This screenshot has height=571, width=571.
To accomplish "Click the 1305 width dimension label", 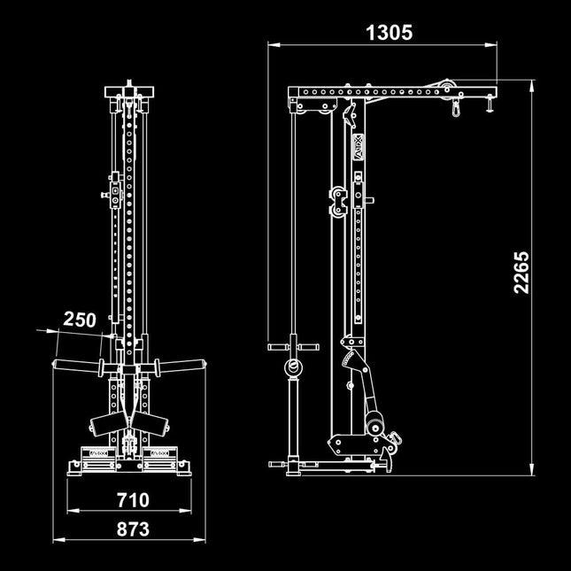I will pos(389,33).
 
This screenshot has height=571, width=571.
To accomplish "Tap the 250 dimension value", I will pos(79,320).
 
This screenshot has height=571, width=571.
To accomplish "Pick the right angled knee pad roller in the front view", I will pos(158,422).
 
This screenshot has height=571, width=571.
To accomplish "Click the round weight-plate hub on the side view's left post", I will pos(291,369).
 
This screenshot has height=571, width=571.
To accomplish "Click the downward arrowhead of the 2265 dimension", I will pos(531,470).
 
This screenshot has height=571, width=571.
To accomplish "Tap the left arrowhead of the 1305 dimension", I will pos(273,43).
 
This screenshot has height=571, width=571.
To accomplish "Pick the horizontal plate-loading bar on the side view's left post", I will pos(290,346).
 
